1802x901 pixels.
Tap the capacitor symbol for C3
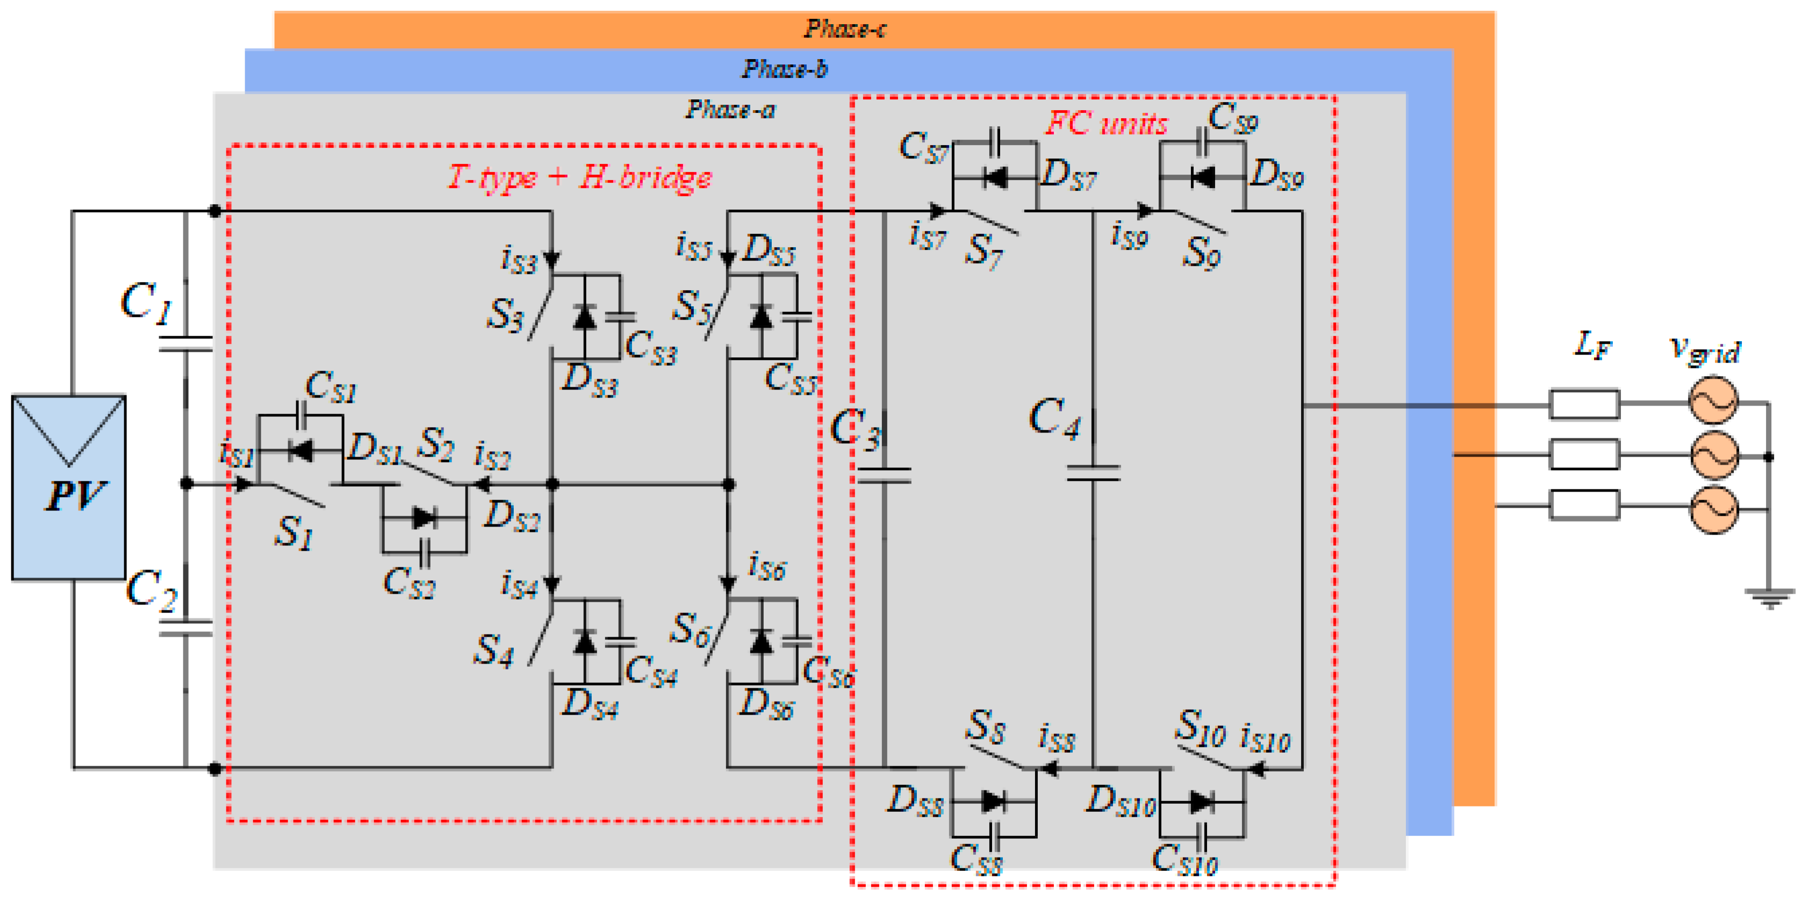tap(884, 475)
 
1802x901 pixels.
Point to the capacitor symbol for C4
tap(1093, 473)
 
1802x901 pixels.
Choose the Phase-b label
tap(784, 69)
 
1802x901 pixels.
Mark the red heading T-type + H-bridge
tap(579, 178)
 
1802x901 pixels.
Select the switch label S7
tap(983, 250)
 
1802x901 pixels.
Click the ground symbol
tap(1769, 597)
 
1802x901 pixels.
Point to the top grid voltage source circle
tap(1713, 400)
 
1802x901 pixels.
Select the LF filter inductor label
tap(1592, 345)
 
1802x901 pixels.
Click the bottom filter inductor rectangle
tap(1584, 505)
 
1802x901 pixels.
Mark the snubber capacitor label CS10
tap(1184, 859)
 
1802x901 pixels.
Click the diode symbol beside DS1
tap(301, 450)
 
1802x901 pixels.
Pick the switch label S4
tap(494, 651)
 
